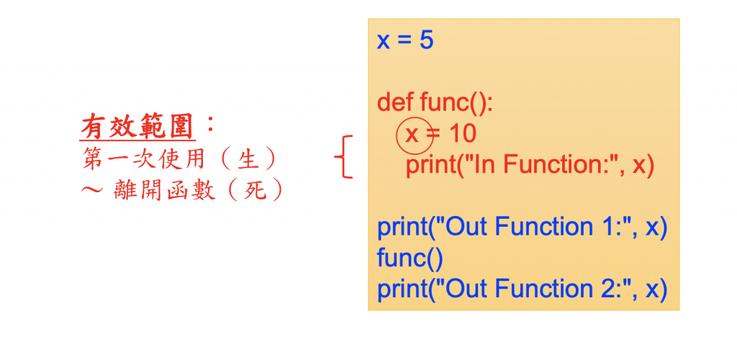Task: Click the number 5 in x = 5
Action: [x=426, y=40]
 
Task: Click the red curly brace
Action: [x=345, y=156]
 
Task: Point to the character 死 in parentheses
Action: [x=253, y=190]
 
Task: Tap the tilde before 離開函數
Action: [x=91, y=192]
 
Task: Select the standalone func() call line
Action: [x=410, y=258]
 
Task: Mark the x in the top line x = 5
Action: [x=384, y=41]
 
